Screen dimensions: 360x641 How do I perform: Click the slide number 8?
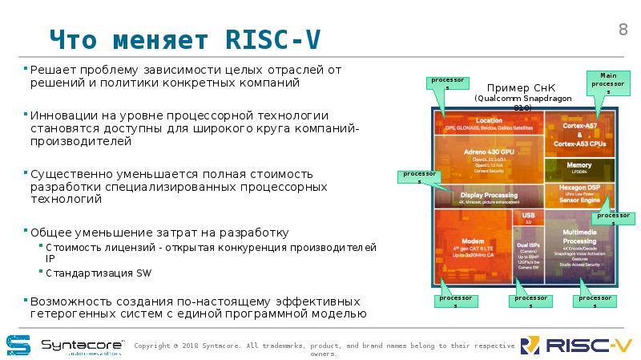click(x=623, y=30)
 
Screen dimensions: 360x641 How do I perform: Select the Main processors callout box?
click(x=607, y=83)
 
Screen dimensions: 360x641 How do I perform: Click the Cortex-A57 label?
click(x=579, y=126)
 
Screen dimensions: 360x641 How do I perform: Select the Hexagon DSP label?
click(x=579, y=188)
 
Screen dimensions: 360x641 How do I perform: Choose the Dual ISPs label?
click(x=528, y=245)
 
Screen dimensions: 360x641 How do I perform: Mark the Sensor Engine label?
click(x=579, y=200)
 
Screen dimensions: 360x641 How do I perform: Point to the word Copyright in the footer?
click(x=152, y=346)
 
